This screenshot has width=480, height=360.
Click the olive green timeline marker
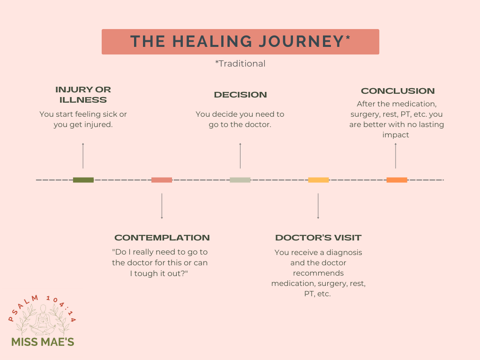coord(83,180)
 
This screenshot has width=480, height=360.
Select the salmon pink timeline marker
coord(162,180)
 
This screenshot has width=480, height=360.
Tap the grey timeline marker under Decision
coord(240,180)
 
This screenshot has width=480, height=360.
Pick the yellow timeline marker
coord(318,180)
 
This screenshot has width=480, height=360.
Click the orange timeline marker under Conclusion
coord(397,180)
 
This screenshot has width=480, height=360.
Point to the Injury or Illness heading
coord(83,95)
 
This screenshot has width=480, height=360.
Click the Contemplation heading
coord(162,238)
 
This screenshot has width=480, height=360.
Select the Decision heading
coord(240,95)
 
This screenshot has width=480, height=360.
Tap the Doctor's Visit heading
coord(318,238)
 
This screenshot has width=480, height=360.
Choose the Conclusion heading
coord(397,91)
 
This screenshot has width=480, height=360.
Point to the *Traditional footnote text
coord(240,64)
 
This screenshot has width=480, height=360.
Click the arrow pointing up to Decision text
coord(240,156)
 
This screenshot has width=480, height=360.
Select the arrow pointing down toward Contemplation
coord(162,206)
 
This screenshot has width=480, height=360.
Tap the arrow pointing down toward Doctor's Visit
coord(318,206)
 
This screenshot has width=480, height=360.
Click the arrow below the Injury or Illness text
coord(83,156)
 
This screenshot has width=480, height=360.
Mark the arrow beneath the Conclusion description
coord(395,156)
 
